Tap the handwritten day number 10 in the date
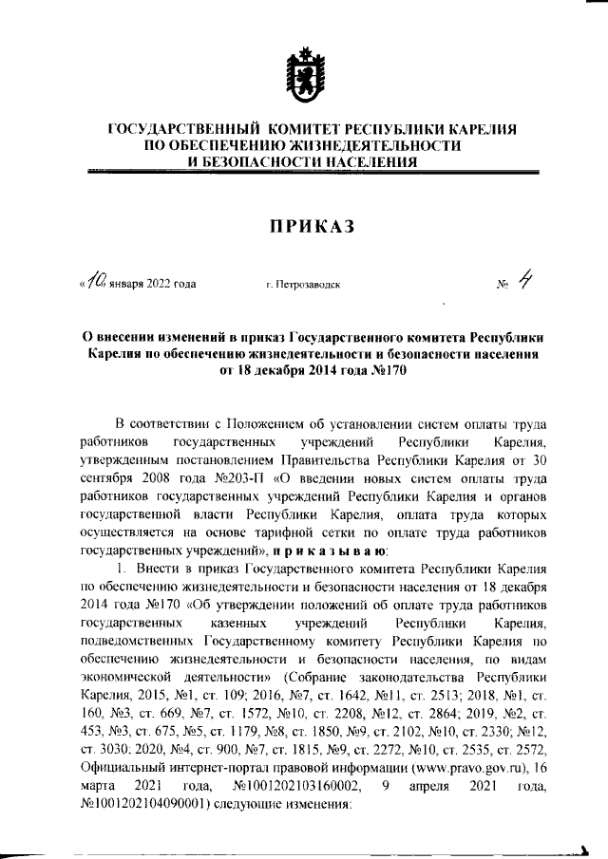tap(95, 280)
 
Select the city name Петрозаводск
tap(304, 283)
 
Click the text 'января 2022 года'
tap(152, 283)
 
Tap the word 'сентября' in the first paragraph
tap(108, 478)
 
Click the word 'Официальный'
tap(123, 765)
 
